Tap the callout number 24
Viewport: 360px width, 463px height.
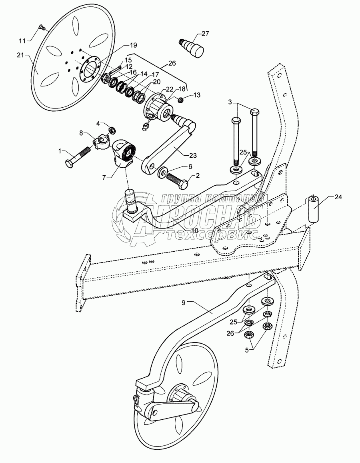(x=338, y=197)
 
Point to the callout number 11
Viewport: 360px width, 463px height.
(x=22, y=41)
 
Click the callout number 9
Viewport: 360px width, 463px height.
(x=184, y=303)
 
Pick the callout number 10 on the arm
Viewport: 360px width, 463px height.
(x=194, y=230)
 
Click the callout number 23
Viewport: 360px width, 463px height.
(x=193, y=155)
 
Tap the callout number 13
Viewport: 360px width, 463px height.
(x=197, y=95)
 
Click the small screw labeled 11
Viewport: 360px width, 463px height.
(x=42, y=28)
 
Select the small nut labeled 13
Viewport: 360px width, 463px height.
(x=182, y=100)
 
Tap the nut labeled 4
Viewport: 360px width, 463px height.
(x=112, y=130)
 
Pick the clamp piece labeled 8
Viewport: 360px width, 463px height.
(x=100, y=140)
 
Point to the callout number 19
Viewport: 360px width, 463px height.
(x=133, y=45)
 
